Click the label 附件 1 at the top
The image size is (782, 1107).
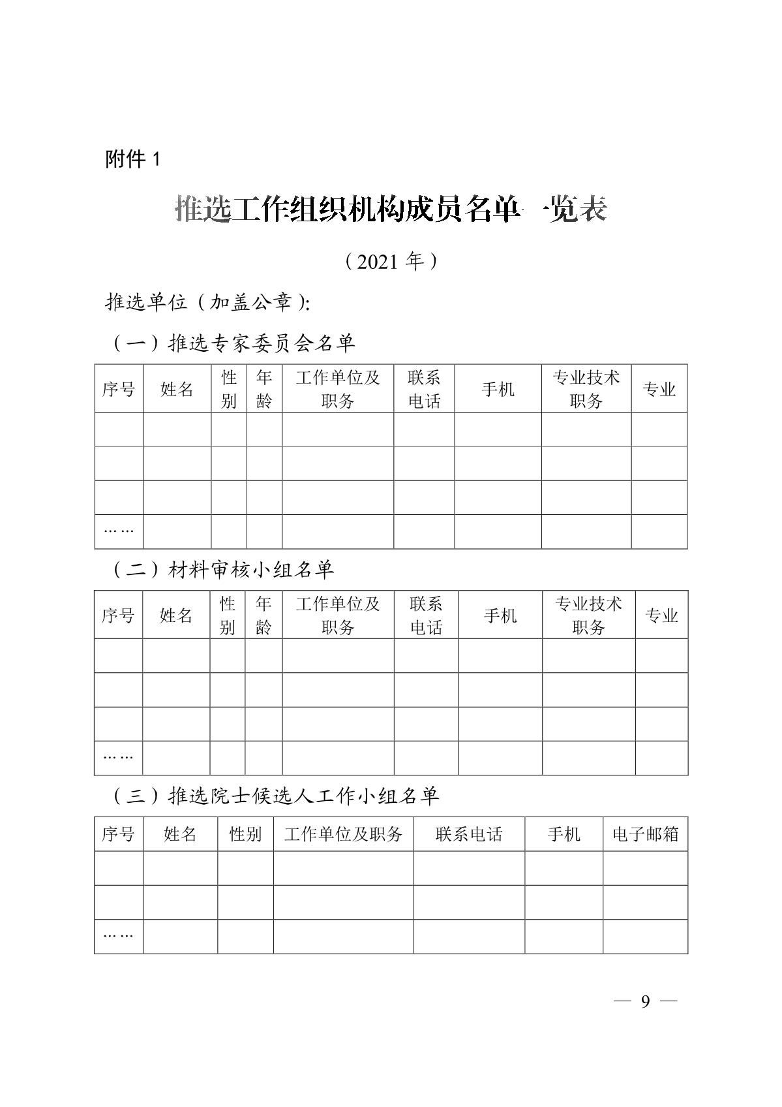(132, 159)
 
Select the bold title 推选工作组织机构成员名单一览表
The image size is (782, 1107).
(391, 210)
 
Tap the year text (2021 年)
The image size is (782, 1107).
(391, 262)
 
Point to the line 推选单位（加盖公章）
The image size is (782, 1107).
(207, 302)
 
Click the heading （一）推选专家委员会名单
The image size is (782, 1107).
(233, 343)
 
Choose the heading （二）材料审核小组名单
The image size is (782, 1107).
(222, 570)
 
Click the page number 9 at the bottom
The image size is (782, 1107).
(645, 1002)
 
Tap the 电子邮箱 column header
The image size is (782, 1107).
(645, 834)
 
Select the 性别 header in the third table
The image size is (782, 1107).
(245, 834)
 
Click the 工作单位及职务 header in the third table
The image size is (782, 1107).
(343, 834)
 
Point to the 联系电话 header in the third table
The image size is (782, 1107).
(469, 834)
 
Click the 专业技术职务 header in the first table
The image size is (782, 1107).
(586, 389)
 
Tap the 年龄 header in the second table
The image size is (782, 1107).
(263, 615)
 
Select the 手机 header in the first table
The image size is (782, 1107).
(498, 389)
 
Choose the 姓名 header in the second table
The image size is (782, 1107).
(176, 615)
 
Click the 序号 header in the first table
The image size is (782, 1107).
(119, 389)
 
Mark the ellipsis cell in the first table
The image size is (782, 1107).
(119, 531)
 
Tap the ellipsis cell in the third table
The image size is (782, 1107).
(119, 936)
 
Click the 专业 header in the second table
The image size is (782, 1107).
(661, 615)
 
